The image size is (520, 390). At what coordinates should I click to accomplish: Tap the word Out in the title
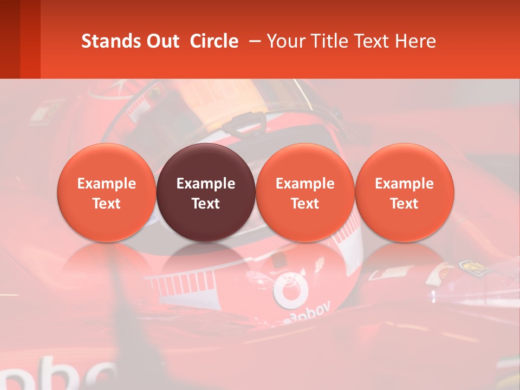[x=161, y=41]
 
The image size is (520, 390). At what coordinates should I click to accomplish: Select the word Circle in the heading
[x=214, y=41]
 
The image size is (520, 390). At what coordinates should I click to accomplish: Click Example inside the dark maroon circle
[x=206, y=184]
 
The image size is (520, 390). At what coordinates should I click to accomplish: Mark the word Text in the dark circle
[x=206, y=204]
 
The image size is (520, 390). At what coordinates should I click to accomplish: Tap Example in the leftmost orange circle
[x=107, y=184]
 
